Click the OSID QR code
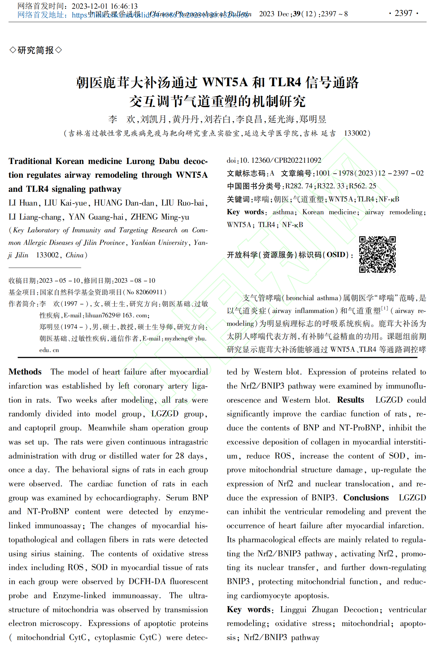(x=377, y=254)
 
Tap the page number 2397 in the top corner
(x=403, y=13)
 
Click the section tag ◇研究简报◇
(x=36, y=50)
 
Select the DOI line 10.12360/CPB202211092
(x=274, y=160)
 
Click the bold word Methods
(x=25, y=372)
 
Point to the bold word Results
(x=350, y=400)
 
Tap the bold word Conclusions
(x=366, y=498)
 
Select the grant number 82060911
(x=149, y=292)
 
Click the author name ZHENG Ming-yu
(x=160, y=217)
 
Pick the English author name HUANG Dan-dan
(x=124, y=203)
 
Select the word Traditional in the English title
(x=30, y=161)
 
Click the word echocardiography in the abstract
(x=128, y=498)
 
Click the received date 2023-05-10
(x=60, y=280)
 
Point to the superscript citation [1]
(x=384, y=308)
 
